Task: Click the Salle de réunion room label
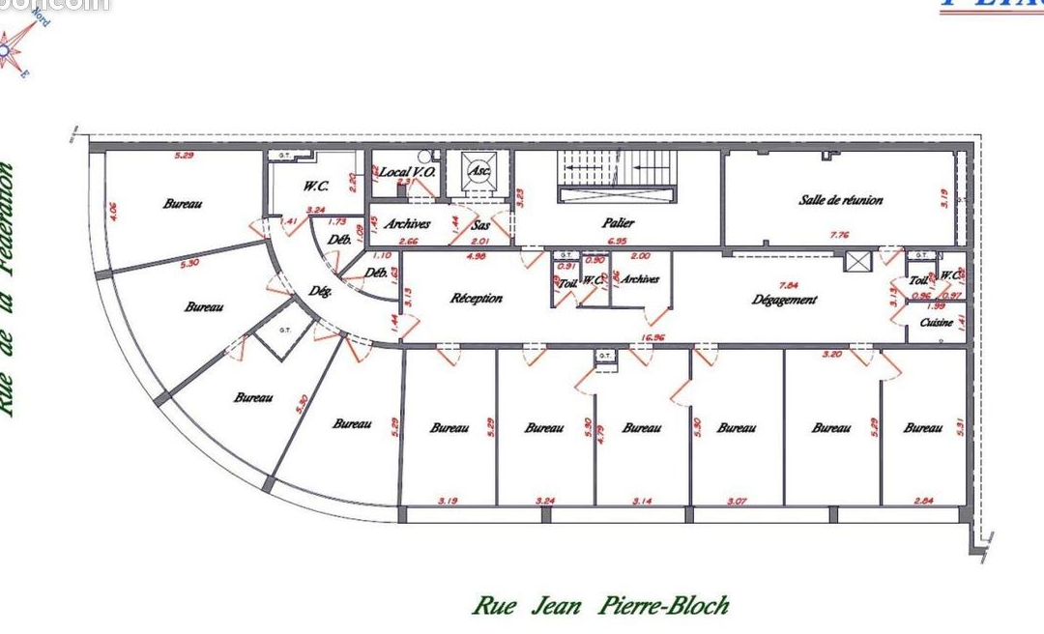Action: (840, 200)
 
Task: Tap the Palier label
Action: (618, 222)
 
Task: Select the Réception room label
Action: (477, 298)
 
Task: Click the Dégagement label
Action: (784, 300)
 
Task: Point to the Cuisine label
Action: (937, 322)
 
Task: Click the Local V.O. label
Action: (407, 171)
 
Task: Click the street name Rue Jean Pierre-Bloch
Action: (599, 606)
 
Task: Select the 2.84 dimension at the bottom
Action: (923, 501)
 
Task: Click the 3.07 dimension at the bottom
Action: (737, 501)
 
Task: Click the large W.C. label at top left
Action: (314, 186)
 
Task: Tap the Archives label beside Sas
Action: (406, 223)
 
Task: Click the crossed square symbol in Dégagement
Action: (855, 261)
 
